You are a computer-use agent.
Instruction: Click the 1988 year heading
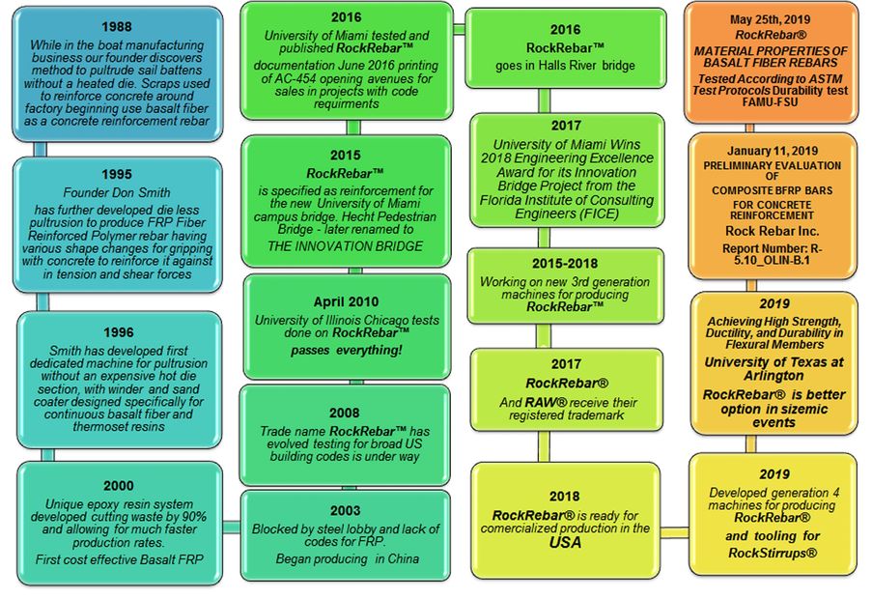pos(116,28)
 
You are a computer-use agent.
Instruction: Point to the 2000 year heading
pos(119,486)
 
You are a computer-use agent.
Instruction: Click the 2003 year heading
pos(345,510)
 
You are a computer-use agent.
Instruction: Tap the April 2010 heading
pos(345,301)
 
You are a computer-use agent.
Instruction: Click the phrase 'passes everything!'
pos(345,351)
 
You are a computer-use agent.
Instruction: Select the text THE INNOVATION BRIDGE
pos(345,246)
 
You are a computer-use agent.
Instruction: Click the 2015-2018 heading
pos(565,263)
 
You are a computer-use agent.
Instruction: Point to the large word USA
pos(565,543)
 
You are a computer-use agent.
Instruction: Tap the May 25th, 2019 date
pos(772,18)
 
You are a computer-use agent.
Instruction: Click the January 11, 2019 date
pos(772,152)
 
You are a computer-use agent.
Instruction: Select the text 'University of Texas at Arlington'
pos(772,369)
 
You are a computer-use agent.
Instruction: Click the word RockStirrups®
pos(772,553)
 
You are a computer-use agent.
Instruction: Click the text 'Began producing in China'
pos(345,559)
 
